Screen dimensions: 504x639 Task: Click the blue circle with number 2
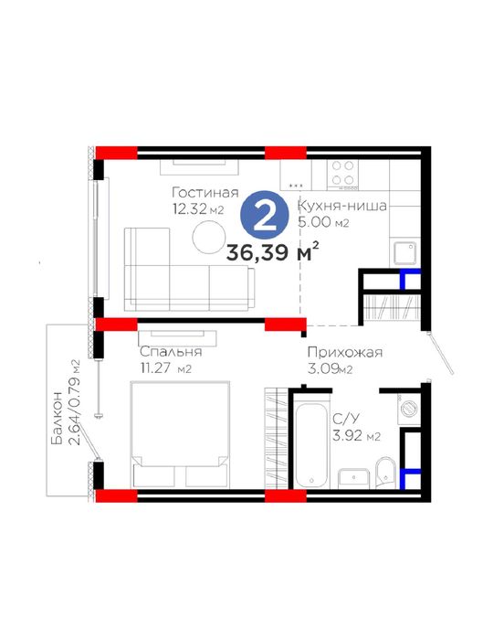(265, 216)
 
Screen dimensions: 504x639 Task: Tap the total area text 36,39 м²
(272, 252)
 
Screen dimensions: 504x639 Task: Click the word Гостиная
(205, 192)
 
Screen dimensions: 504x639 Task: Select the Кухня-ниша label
(342, 206)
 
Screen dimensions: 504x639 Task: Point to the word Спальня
(171, 351)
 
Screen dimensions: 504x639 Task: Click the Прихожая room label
(345, 352)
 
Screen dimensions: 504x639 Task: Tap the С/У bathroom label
(346, 419)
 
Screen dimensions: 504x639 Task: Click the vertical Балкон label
(57, 418)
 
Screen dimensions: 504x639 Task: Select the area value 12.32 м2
(198, 209)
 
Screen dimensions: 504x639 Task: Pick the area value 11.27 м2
(165, 368)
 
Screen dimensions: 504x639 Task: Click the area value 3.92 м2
(357, 436)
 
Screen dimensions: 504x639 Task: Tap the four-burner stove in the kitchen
(342, 175)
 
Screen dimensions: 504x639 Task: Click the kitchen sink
(404, 252)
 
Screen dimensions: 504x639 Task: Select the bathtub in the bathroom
(311, 445)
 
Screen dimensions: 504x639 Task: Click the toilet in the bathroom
(385, 472)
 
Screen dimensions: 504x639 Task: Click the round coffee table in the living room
(209, 237)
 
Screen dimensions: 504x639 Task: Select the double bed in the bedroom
(180, 434)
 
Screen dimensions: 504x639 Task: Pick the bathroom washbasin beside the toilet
(354, 478)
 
